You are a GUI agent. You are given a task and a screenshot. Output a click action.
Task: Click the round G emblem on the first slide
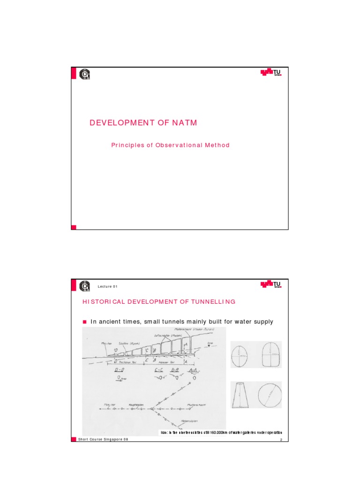[x=85, y=75]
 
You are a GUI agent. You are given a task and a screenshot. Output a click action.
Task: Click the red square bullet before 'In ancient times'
[x=85, y=322]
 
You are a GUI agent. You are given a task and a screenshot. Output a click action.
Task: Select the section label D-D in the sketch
[x=119, y=370]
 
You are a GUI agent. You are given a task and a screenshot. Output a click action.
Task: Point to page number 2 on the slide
[x=280, y=440]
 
